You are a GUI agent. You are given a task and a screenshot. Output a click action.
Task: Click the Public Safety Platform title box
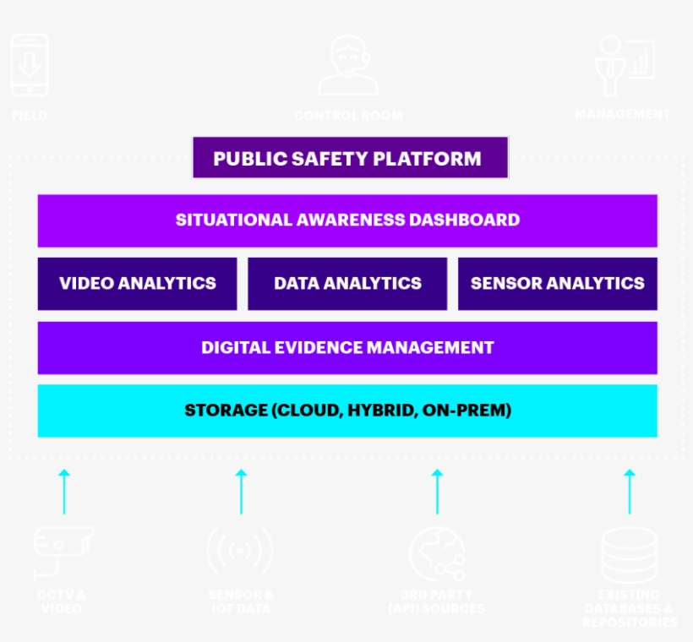(350, 158)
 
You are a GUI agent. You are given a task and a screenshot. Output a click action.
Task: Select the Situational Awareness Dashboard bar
(347, 220)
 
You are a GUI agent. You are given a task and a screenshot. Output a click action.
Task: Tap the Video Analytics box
(137, 284)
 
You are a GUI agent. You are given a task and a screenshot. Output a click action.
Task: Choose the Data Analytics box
(347, 284)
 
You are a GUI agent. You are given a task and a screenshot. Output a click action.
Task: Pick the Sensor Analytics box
(557, 284)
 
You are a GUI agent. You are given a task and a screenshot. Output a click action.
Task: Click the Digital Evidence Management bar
(347, 347)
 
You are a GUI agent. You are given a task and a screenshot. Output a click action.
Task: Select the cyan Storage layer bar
(347, 411)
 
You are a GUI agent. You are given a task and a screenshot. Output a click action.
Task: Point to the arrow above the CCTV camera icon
(63, 491)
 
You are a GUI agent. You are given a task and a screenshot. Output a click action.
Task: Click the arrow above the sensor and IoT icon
(241, 491)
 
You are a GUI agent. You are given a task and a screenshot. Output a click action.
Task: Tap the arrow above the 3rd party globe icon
(437, 491)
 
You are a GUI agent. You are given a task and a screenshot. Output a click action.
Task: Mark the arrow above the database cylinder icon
(630, 491)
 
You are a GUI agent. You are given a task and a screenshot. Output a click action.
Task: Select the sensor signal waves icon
(240, 552)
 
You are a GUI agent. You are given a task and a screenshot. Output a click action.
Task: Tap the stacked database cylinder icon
(629, 554)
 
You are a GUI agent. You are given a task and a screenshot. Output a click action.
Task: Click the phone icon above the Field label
(30, 66)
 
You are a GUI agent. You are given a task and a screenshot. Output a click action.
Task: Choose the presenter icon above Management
(624, 64)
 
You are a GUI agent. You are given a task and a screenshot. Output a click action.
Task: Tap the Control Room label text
(348, 116)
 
